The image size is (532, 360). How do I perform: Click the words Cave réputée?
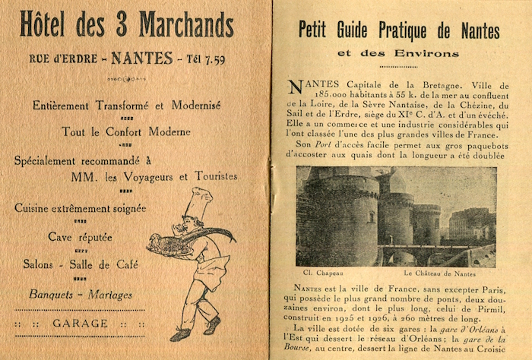point(80,237)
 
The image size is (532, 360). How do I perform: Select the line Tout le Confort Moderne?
point(126,131)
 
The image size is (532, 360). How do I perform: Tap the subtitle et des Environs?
point(399,54)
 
